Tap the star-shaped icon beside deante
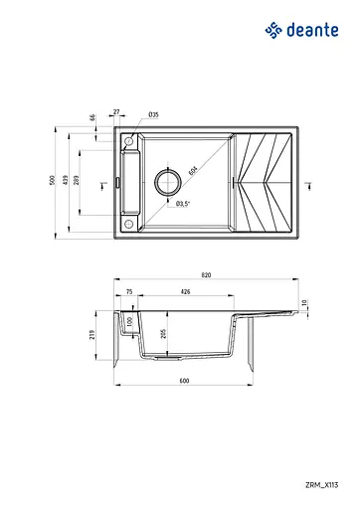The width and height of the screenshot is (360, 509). [274, 30]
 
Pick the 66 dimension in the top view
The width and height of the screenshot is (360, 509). [92, 118]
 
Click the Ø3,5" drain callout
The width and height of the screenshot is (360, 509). [182, 204]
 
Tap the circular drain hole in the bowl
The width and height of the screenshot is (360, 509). [167, 182]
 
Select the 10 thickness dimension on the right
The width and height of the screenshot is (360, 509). [306, 302]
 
